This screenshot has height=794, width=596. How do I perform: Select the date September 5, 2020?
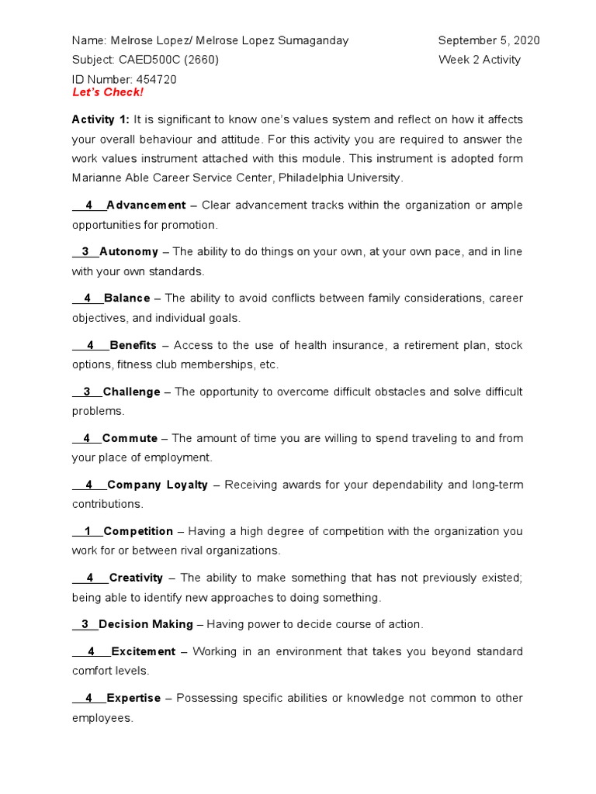tap(489, 40)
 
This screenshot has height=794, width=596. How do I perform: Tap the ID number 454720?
tap(156, 79)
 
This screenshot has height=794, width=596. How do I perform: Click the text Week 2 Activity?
tap(480, 60)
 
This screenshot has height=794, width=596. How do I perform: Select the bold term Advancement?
tap(146, 205)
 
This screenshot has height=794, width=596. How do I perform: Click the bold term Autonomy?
tap(129, 252)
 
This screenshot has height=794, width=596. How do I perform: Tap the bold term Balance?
tap(127, 299)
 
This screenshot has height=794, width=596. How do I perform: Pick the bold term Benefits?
tap(133, 345)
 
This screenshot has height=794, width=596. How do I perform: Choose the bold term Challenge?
tap(131, 392)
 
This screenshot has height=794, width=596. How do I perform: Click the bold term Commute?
tap(130, 438)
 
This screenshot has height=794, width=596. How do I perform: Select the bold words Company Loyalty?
tap(158, 485)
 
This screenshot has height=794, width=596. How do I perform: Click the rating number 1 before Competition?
tap(88, 531)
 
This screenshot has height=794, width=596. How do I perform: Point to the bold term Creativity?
tap(136, 578)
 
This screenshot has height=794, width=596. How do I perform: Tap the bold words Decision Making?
tap(146, 624)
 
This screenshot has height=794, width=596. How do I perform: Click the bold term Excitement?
tap(144, 651)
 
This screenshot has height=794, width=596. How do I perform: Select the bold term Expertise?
tap(133, 698)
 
